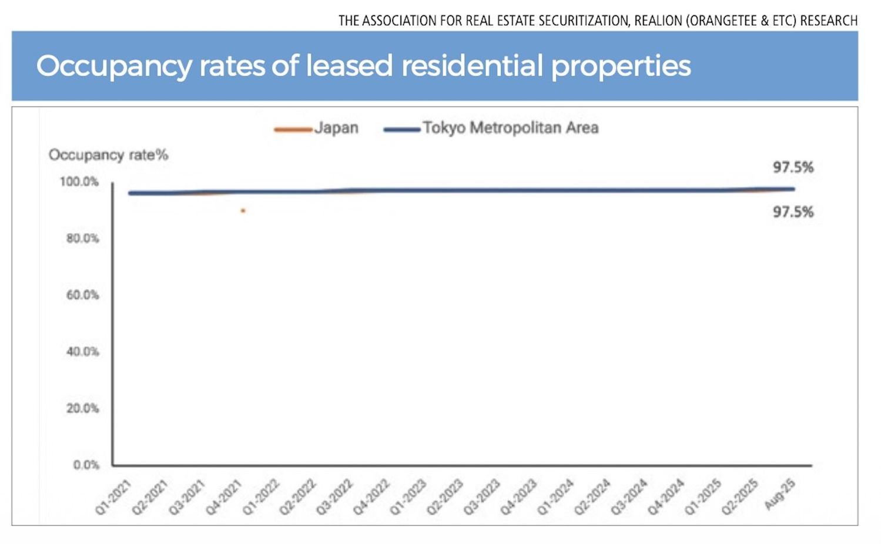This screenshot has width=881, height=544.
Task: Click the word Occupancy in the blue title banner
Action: tap(114, 66)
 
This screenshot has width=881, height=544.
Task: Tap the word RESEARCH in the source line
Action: tap(829, 21)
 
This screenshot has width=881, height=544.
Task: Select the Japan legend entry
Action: tap(336, 128)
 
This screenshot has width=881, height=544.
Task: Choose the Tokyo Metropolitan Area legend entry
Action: tap(510, 128)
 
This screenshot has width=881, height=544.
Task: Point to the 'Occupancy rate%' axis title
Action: tap(108, 155)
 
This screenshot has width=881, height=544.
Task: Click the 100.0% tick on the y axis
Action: tap(79, 182)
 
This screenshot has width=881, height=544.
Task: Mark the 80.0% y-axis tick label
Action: tap(82, 239)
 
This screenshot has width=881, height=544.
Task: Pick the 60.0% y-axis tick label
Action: tap(82, 295)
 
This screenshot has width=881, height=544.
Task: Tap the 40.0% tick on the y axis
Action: tap(82, 352)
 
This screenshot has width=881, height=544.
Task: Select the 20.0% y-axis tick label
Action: tap(82, 408)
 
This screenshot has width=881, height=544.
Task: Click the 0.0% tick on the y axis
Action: tap(86, 465)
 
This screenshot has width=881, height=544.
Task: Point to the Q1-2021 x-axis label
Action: tap(113, 496)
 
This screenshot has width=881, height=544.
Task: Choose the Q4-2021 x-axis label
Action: tap(224, 496)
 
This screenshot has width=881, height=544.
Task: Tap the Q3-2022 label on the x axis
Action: tap(334, 496)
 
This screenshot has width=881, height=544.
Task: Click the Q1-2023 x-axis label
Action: tap(408, 496)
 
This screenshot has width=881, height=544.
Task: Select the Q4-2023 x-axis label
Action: tap(519, 496)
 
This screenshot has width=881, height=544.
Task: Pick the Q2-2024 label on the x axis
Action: tap(592, 496)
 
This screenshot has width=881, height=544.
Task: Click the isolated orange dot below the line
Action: tap(243, 210)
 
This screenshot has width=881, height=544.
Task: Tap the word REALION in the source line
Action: tap(658, 21)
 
